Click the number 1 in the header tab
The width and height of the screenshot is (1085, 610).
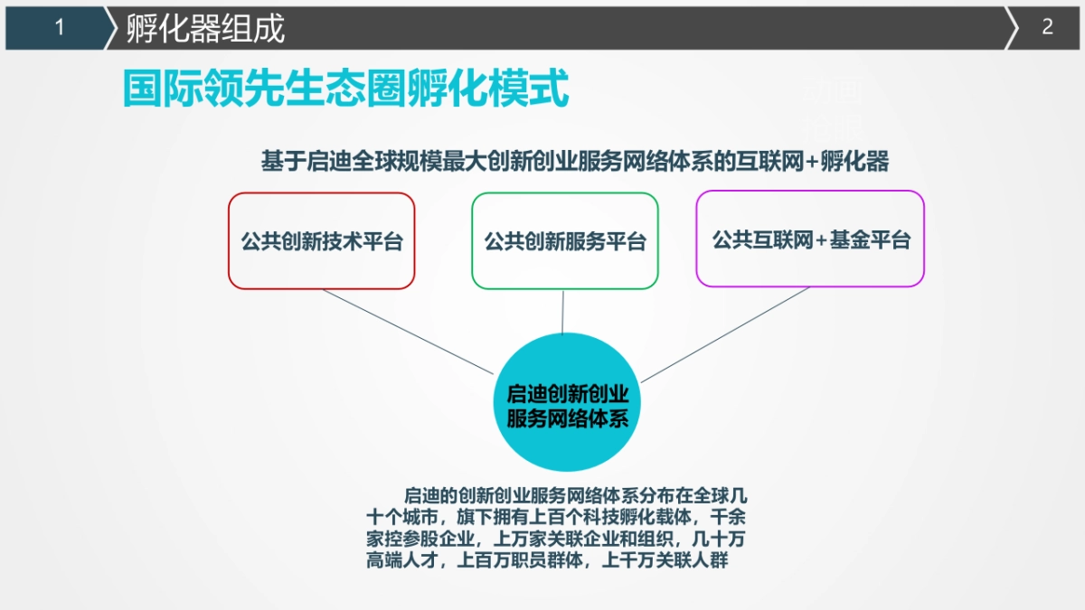click(x=60, y=28)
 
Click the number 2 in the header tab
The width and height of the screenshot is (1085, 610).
click(x=1047, y=27)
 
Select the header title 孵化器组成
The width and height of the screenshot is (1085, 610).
click(x=205, y=29)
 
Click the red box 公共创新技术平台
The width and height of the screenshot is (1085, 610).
click(x=321, y=240)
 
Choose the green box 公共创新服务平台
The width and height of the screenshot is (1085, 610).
click(x=565, y=240)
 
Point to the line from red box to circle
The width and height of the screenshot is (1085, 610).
click(x=407, y=331)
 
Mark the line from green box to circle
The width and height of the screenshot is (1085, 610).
click(x=563, y=311)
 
